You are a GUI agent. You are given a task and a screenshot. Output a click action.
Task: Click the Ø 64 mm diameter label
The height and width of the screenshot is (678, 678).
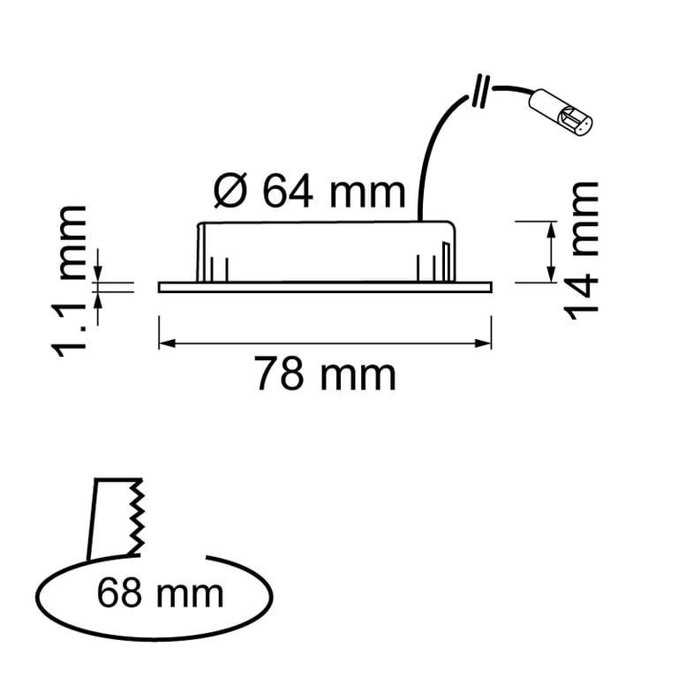tap(310, 191)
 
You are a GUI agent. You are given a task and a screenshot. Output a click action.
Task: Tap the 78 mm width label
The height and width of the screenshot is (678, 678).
tap(325, 373)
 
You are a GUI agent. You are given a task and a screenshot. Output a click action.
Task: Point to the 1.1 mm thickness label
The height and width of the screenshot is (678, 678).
tap(69, 282)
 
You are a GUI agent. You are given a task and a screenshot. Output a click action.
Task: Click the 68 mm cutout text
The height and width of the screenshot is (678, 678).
tap(160, 593)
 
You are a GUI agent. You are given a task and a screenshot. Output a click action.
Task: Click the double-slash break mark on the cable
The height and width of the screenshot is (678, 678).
tap(481, 91)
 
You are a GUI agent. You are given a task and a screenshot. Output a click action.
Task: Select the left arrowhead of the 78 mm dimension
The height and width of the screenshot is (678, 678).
tap(167, 343)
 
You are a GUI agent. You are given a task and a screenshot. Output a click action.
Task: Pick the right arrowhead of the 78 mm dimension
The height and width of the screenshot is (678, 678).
tap(484, 343)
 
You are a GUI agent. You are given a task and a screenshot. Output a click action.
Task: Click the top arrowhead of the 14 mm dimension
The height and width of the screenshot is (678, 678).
tap(551, 230)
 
